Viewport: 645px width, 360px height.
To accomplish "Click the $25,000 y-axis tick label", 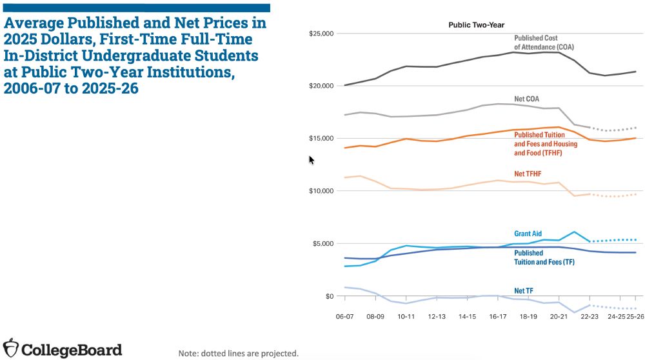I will pos(321,33).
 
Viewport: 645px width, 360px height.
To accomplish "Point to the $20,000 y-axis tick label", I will pos(321,86).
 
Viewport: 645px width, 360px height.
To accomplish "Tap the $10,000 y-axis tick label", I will pos(321,191).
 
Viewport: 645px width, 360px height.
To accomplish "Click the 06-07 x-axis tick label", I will pos(344,317).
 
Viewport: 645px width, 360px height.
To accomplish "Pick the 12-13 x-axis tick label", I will pos(437,317).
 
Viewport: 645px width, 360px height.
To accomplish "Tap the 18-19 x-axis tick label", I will pos(528,317).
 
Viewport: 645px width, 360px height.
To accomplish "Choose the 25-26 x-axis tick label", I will pos(635,317).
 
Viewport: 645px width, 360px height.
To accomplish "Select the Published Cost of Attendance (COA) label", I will pos(543,43).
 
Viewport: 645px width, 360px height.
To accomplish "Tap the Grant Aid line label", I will pos(528,233).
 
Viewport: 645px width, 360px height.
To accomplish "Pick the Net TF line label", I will pos(524,291).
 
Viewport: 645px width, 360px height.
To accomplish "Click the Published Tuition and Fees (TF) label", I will pos(544,257).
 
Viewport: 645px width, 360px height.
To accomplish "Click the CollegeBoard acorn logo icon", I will pos(11,348).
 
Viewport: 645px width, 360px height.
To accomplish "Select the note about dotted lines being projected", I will pos(239,353).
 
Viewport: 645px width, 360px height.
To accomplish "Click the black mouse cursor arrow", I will pos(312,160).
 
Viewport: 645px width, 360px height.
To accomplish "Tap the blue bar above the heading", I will pos(135,8).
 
